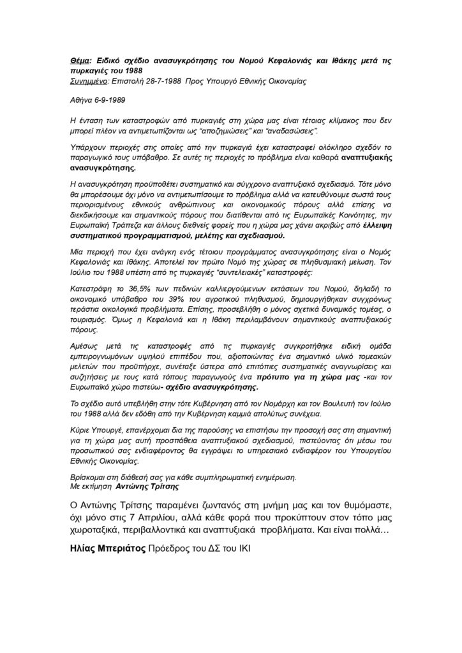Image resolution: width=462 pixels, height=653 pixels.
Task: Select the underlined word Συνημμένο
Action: click(89, 82)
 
